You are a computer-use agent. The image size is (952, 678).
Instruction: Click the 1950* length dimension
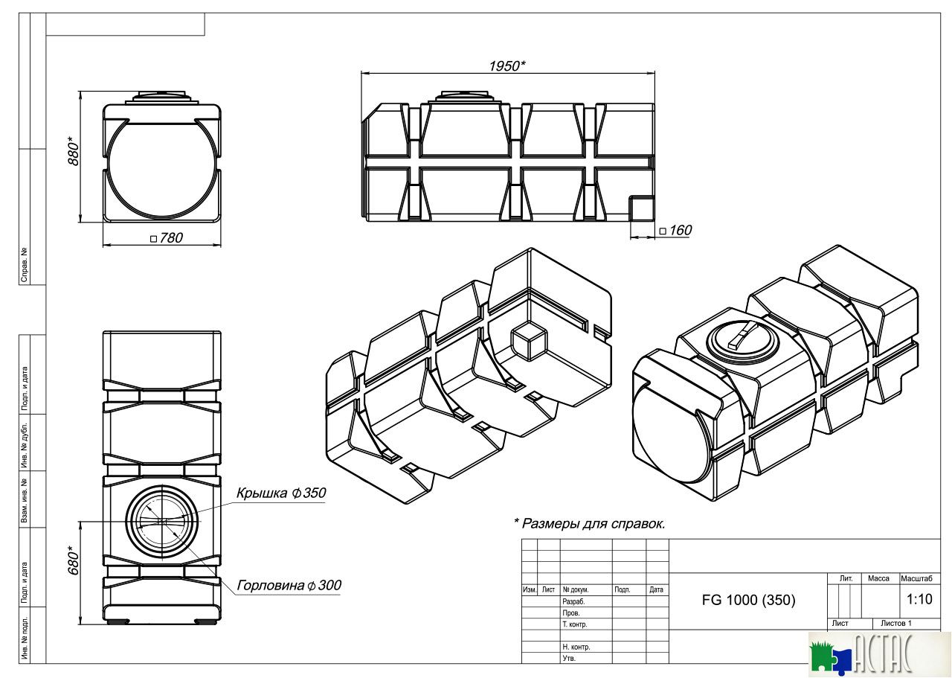pos(506,66)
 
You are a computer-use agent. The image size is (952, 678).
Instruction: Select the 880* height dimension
pos(74,152)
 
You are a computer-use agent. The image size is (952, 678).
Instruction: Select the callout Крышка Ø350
pos(281,493)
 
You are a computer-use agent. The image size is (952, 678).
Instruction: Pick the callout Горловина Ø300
pos(289,586)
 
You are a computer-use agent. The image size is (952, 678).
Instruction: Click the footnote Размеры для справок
pos(589,523)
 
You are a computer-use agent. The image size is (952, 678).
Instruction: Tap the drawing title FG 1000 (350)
pos(748,601)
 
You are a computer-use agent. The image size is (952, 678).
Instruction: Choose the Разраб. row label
pos(573,601)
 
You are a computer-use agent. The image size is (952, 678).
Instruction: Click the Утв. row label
pos(569,659)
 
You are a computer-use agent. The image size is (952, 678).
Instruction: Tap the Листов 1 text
pos(895,624)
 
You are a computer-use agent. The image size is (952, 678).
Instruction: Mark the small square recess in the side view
pos(640,208)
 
